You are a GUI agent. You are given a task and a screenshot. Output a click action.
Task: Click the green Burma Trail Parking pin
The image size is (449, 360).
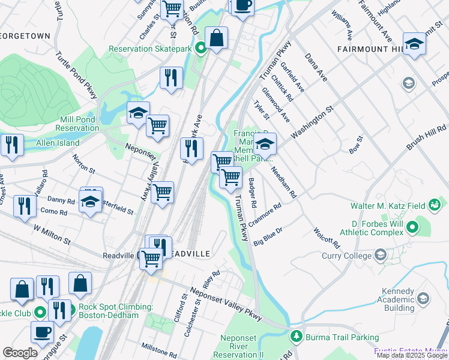pos(295,337)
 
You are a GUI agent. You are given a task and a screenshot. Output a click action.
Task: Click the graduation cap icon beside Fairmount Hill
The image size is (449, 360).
pos(414,45)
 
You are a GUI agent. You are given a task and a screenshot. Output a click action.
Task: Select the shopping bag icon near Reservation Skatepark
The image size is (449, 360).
pos(216,38)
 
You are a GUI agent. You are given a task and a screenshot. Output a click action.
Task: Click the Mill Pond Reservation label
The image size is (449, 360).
pos(77,124)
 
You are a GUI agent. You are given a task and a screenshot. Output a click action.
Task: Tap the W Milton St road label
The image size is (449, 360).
pos(52,235)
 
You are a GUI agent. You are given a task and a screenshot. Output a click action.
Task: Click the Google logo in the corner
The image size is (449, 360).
pos(20,353)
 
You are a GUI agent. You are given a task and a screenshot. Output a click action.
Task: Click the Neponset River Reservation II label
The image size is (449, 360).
pos(242,346)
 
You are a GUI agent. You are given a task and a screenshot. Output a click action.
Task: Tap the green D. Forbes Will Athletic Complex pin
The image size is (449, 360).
pos(412,227)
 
